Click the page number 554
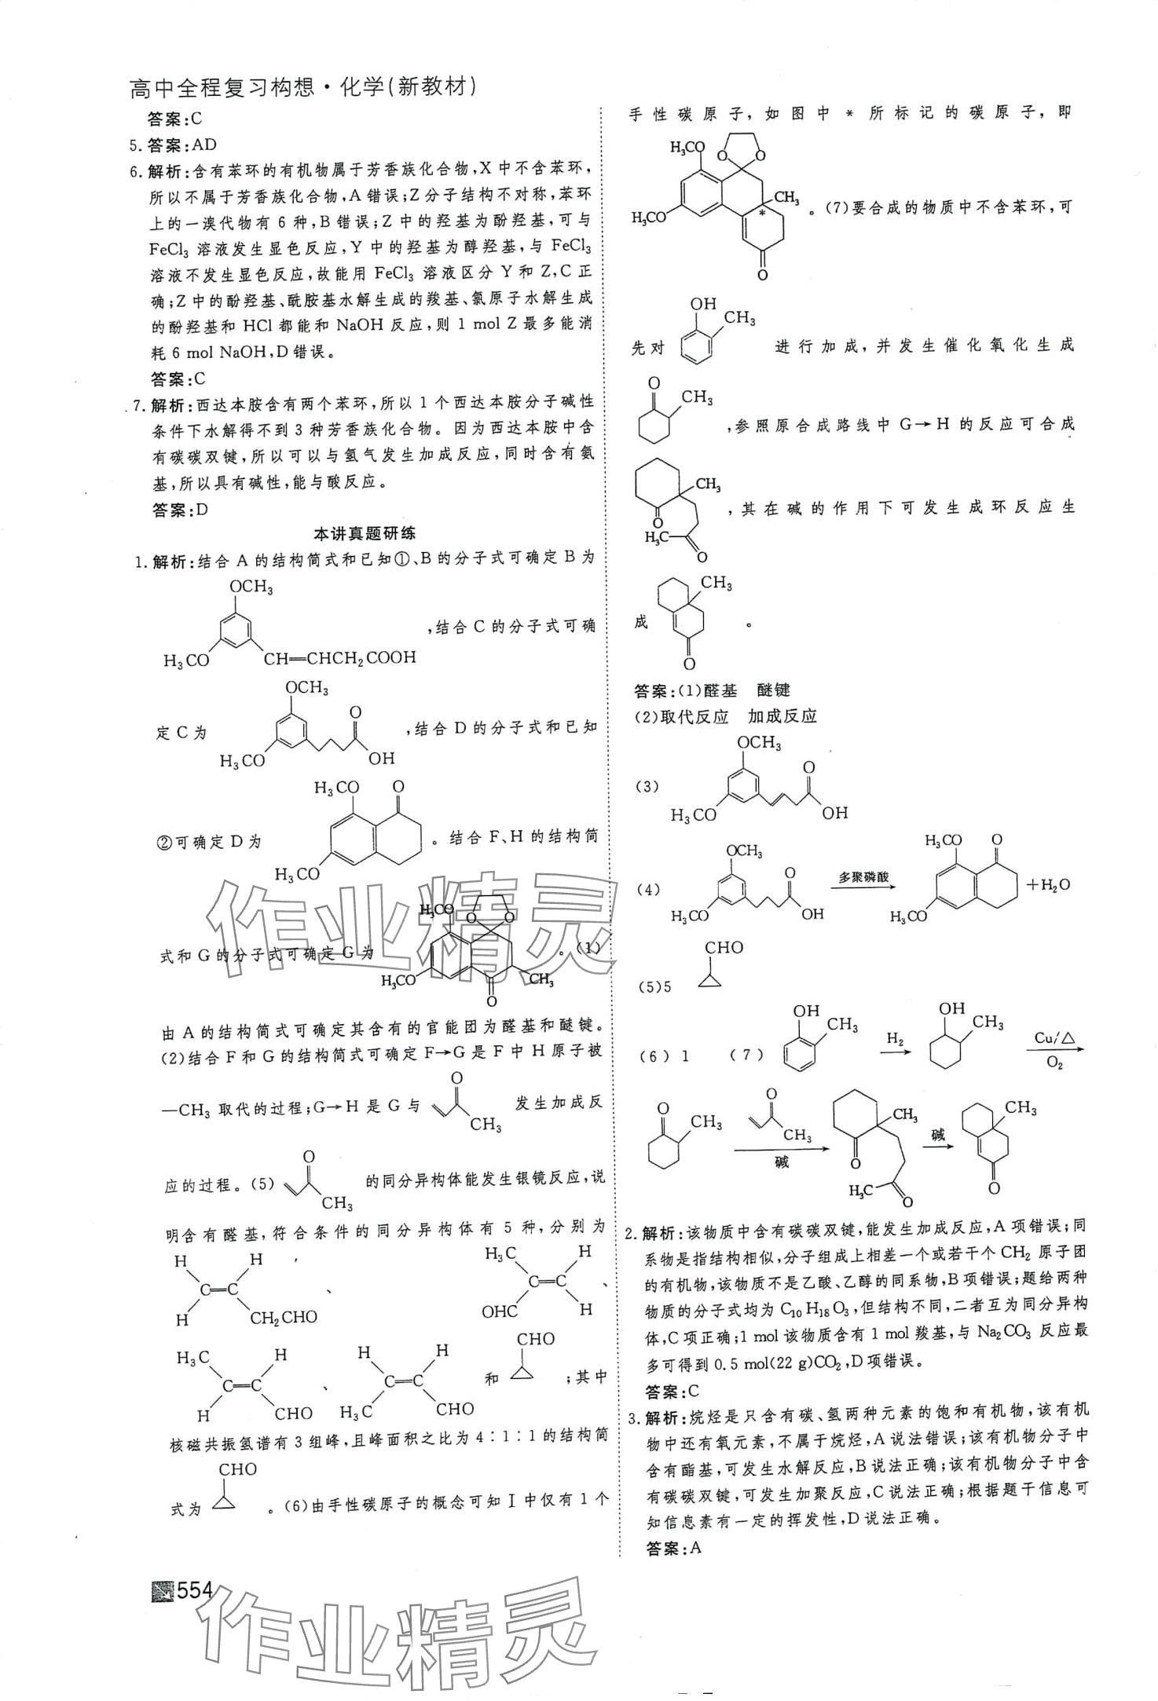[195, 1590]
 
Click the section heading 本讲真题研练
[365, 533]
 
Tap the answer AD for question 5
[203, 144]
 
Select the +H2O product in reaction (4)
[1048, 884]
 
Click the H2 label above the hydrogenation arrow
[895, 1039]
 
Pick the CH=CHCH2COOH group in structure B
[339, 657]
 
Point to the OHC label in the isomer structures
[500, 1311]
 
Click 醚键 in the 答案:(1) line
[773, 690]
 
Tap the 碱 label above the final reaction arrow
[938, 1134]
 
